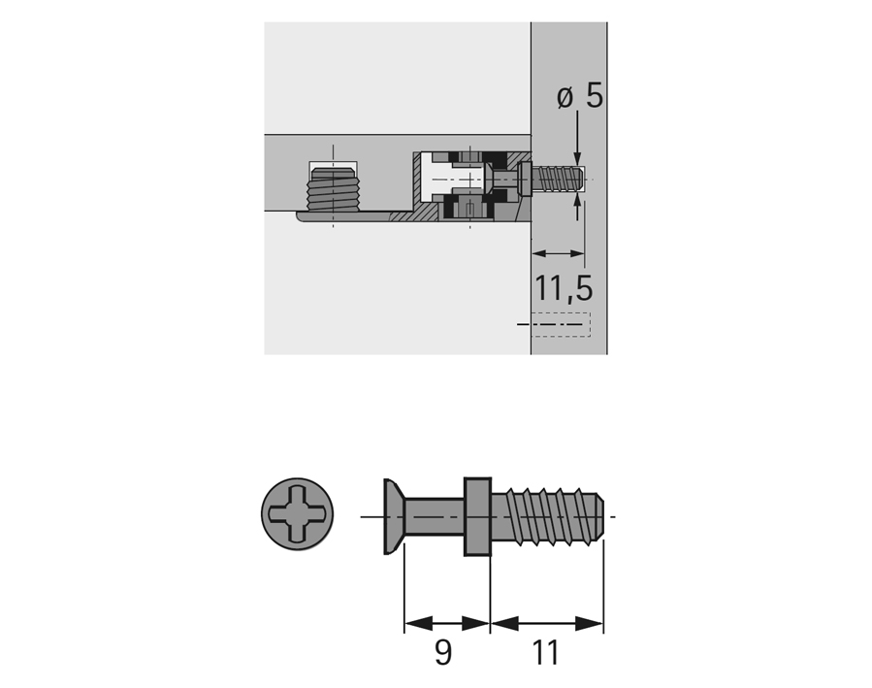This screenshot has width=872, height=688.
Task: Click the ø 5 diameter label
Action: pyautogui.click(x=579, y=97)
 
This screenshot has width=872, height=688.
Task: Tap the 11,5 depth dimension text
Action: pyautogui.click(x=564, y=287)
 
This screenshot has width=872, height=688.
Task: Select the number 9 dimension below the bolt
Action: pyautogui.click(x=443, y=652)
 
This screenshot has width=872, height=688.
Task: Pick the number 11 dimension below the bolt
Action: pyautogui.click(x=545, y=652)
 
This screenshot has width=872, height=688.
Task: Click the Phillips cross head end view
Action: pyautogui.click(x=298, y=514)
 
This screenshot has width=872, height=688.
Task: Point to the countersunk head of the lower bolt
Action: pyautogui.click(x=393, y=516)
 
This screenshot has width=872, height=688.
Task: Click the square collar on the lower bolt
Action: pyautogui.click(x=478, y=516)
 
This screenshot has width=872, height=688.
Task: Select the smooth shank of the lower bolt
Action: pyautogui.click(x=434, y=516)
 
